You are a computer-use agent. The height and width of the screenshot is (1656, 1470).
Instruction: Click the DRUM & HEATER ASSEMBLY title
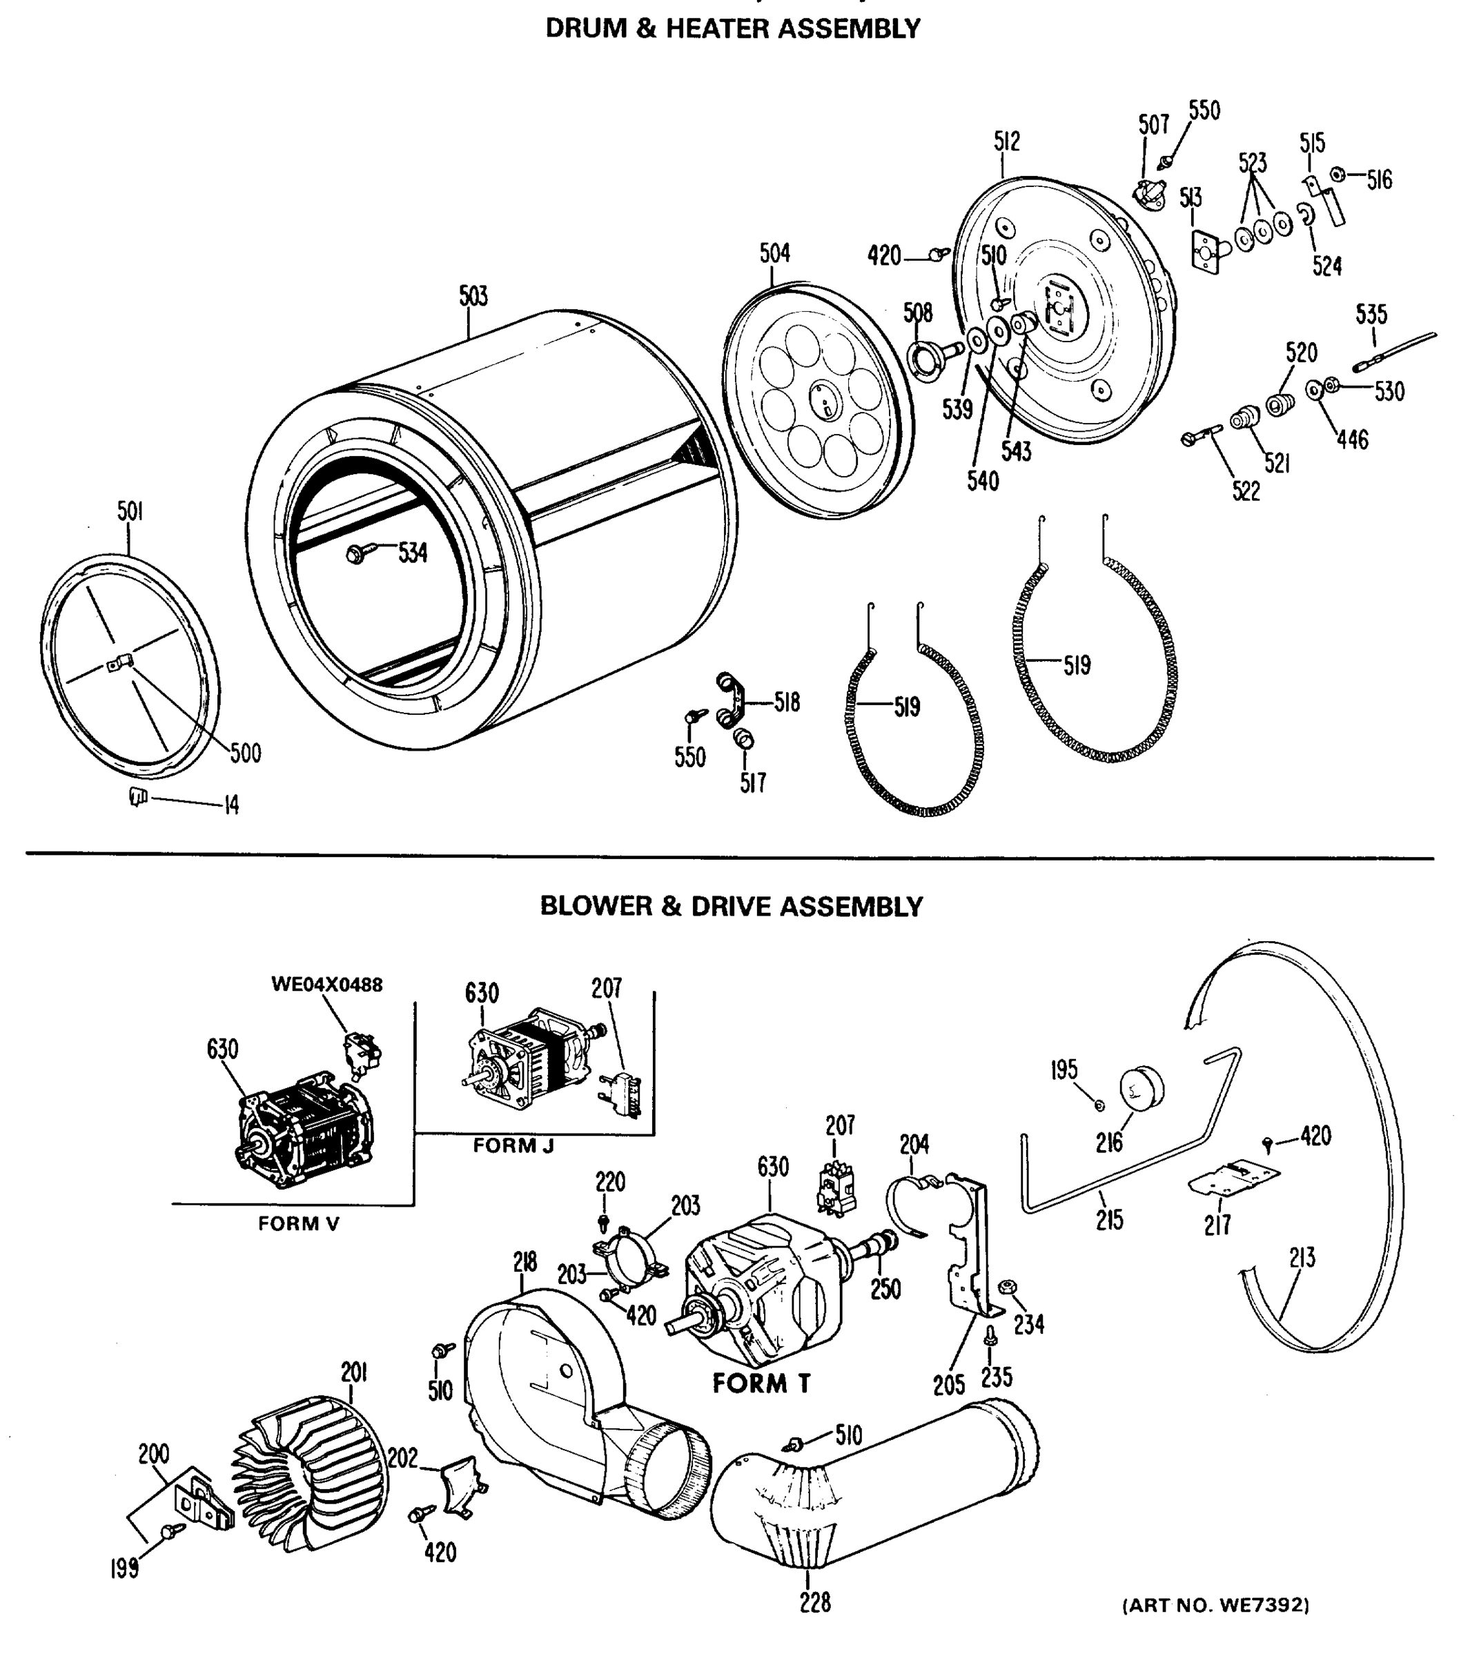click(732, 28)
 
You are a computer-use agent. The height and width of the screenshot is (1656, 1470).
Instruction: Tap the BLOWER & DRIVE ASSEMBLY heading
click(731, 906)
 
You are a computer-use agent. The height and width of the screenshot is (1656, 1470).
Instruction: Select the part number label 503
click(473, 297)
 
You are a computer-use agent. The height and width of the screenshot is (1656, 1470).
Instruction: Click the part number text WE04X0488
click(326, 985)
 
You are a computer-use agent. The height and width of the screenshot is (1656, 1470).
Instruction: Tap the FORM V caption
click(298, 1223)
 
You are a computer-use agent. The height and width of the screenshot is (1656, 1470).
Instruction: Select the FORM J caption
click(513, 1145)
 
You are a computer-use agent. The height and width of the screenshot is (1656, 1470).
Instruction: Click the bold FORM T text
click(761, 1383)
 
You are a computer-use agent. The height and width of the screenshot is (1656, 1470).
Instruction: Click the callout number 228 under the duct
click(814, 1601)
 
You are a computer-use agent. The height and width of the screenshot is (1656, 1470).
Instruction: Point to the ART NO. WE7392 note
click(1215, 1605)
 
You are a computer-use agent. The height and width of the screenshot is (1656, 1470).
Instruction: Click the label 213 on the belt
click(1302, 1258)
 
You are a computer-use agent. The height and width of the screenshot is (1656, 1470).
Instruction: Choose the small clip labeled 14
click(139, 798)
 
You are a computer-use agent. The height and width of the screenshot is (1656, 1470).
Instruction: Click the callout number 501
click(130, 512)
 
